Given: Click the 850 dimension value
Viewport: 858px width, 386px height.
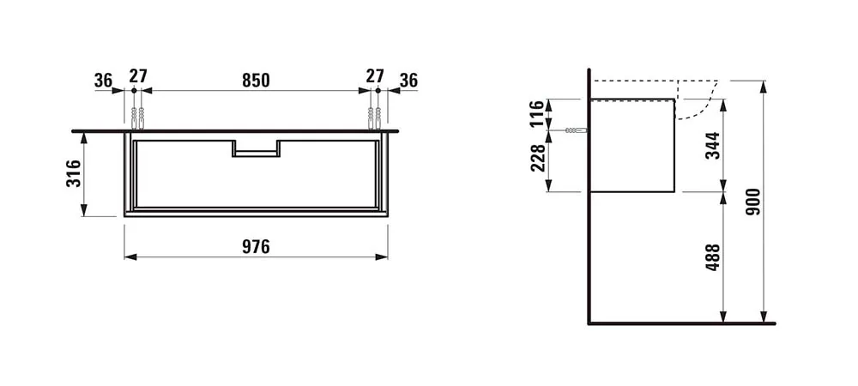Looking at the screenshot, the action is [256, 80].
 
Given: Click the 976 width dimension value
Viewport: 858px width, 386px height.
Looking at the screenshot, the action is [256, 247].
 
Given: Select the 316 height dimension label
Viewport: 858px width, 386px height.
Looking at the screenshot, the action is [74, 173].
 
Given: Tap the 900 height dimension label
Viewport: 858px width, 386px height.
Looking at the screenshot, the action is [753, 202].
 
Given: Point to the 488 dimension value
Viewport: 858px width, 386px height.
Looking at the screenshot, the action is [712, 257].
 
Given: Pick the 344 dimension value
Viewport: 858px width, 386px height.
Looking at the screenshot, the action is [712, 146].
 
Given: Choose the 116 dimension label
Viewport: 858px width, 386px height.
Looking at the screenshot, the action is [538, 113].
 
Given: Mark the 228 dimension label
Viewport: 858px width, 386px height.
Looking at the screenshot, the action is [538, 158].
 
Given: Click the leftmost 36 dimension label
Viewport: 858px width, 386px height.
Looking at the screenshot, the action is [103, 81].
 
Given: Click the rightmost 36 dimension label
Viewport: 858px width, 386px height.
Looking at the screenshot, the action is [408, 81].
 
